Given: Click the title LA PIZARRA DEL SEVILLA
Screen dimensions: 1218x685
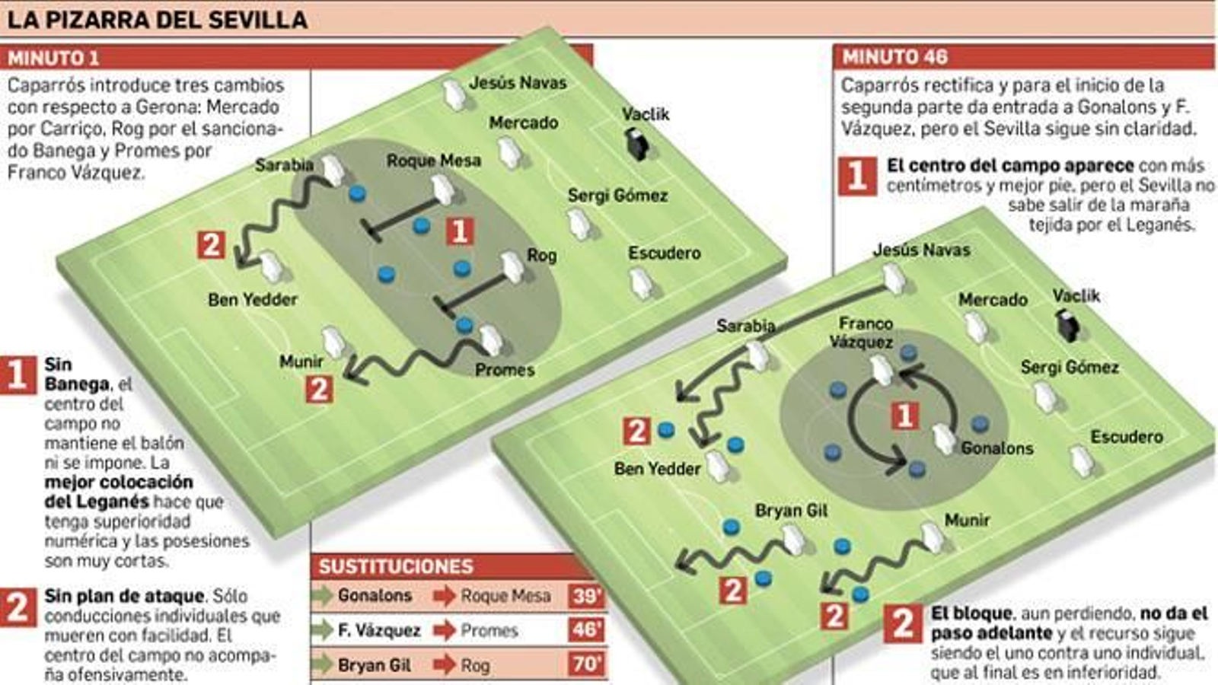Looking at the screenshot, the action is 157,19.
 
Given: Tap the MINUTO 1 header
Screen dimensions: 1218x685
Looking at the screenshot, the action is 53,58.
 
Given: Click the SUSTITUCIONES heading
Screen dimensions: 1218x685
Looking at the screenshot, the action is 396,566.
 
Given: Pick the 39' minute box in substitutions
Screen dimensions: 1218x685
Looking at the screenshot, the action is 586,596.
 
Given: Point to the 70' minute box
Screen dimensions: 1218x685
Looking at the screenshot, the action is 586,664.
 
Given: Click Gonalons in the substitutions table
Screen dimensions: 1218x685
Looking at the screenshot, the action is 375,595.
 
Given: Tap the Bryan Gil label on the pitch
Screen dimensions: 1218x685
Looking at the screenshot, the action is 791,511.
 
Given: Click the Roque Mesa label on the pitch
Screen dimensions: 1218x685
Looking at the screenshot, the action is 434,161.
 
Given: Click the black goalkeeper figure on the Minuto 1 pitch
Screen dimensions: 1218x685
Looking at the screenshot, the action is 636,143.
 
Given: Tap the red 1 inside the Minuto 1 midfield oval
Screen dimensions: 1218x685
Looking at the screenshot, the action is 460,231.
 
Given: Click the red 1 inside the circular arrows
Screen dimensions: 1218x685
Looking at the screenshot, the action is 904,416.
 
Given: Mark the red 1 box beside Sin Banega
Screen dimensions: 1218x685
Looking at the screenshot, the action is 18,375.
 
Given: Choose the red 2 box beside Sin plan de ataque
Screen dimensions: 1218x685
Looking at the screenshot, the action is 18,607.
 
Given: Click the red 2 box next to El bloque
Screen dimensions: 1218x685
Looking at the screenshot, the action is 903,623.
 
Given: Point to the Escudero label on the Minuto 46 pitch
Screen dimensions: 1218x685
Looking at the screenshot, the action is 1127,437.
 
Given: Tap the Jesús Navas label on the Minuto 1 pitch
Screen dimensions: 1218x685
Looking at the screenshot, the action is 518,82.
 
